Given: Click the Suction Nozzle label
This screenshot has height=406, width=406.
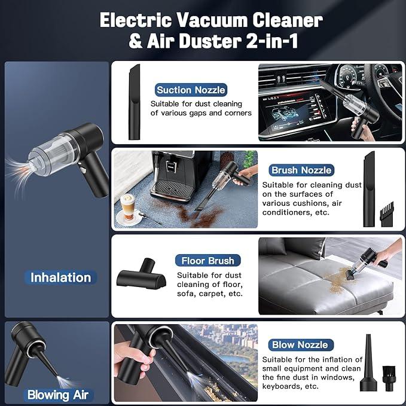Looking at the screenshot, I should (x=191, y=90).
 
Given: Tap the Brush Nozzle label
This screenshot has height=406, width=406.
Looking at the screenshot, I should (x=301, y=170).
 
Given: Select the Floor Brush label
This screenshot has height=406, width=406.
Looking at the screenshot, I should (x=208, y=261).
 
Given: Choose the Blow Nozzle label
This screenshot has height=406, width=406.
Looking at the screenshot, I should (x=300, y=344).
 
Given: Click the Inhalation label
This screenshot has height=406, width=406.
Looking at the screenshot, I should (x=61, y=277).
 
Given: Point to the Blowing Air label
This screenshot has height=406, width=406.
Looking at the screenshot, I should (x=57, y=395).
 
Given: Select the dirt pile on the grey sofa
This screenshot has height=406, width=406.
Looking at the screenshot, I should (x=340, y=276).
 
